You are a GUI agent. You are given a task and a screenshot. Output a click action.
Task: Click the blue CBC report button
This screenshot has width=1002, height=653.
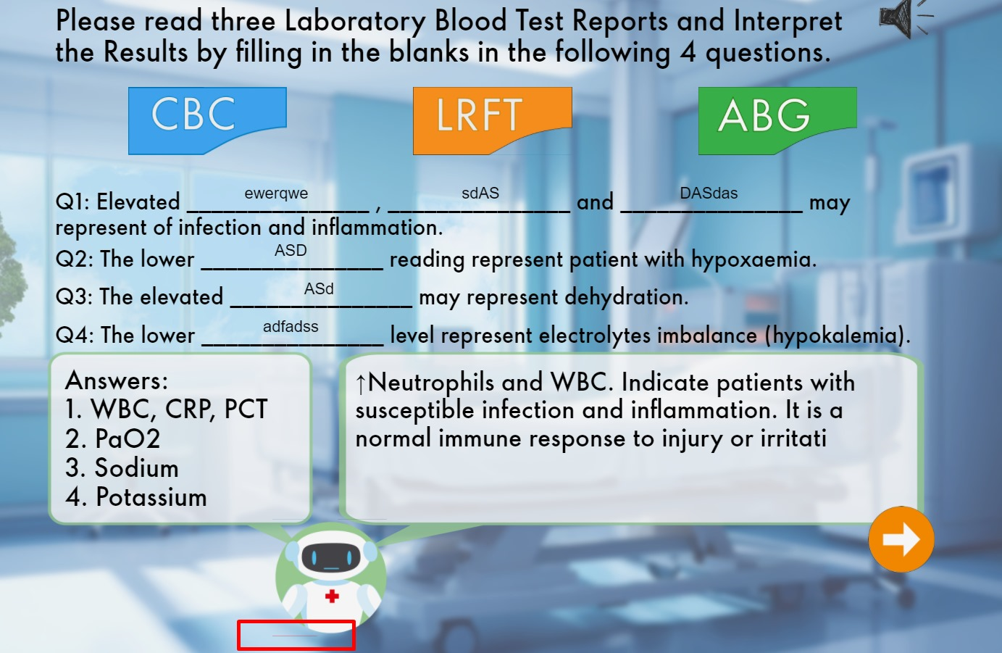click(207, 120)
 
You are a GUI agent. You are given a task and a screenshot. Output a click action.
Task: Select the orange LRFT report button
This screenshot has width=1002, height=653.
click(492, 120)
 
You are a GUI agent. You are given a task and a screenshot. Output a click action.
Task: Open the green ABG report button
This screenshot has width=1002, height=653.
click(777, 120)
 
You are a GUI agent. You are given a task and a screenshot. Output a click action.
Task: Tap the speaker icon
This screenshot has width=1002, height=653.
click(906, 19)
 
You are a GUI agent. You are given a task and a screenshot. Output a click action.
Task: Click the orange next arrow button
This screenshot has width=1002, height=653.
click(901, 539)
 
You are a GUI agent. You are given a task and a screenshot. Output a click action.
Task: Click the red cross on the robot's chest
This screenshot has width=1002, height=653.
click(332, 596)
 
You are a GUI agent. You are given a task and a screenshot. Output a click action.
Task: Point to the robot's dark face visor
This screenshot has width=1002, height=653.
click(330, 557)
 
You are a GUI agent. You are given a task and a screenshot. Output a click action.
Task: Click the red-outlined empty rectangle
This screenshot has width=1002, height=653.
click(296, 635)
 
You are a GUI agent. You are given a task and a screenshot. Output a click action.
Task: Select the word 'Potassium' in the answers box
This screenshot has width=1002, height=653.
click(151, 497)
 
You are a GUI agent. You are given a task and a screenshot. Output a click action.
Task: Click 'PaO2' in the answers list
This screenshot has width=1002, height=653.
click(128, 438)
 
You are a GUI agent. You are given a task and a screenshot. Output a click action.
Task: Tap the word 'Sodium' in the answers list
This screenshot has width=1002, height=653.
click(136, 467)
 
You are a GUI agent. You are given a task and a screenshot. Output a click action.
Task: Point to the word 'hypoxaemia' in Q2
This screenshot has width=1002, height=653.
click(753, 259)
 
